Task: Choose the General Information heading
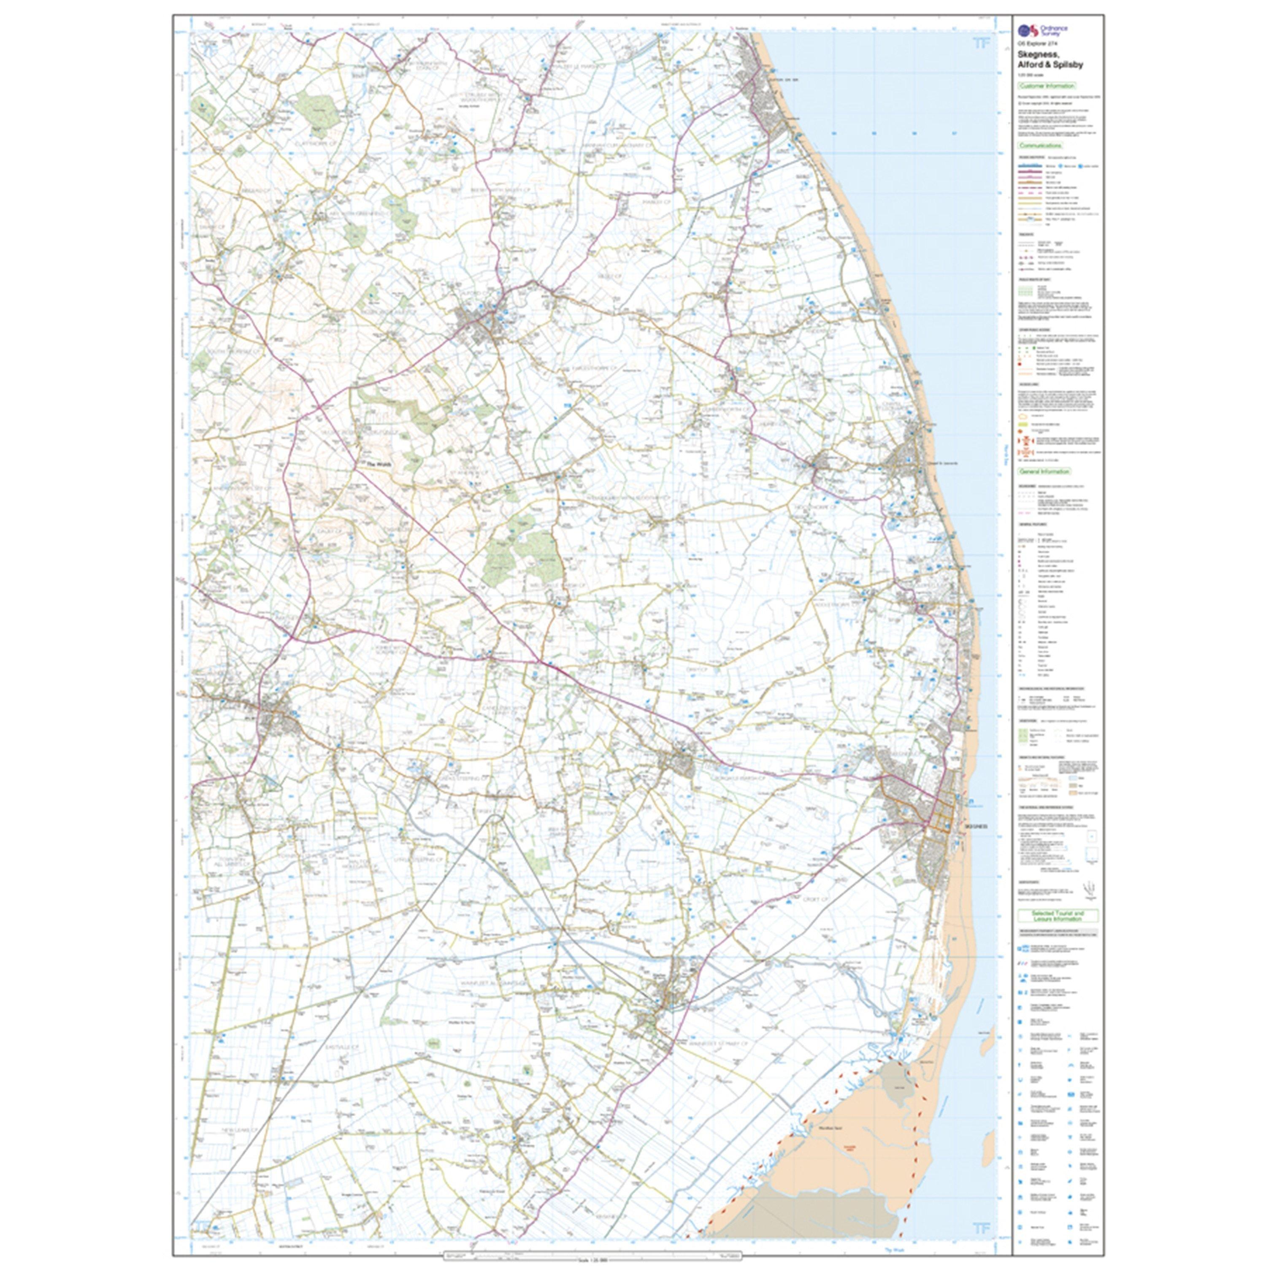(x=1044, y=471)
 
